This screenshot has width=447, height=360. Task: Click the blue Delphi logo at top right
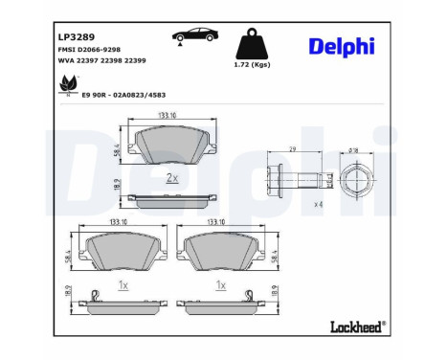click(x=342, y=46)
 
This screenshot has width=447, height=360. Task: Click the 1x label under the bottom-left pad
click(x=123, y=285)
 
